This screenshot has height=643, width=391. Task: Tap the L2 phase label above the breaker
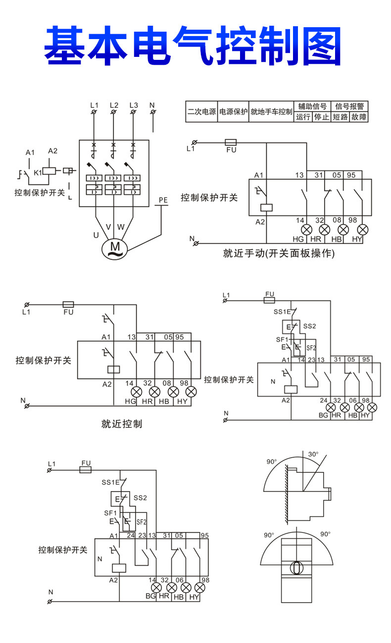(114, 105)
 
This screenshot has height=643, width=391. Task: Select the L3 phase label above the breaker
(133, 105)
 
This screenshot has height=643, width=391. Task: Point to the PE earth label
(163, 200)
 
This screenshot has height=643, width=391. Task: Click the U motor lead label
(96, 235)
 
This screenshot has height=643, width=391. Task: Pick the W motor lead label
(121, 228)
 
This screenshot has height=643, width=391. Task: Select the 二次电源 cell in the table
(201, 112)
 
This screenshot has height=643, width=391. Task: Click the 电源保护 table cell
(233, 112)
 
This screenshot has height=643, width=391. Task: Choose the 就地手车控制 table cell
(271, 112)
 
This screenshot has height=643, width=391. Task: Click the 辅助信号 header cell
(312, 106)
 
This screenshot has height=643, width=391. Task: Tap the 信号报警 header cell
(349, 106)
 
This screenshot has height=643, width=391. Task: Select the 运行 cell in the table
(303, 117)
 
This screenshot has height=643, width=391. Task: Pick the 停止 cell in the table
(321, 117)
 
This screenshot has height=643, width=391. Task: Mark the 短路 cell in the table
(340, 117)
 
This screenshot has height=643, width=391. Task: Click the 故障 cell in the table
(359, 117)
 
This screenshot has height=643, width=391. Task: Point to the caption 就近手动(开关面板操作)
(279, 254)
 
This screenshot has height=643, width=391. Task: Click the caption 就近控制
(122, 424)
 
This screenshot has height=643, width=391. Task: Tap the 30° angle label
(313, 454)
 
